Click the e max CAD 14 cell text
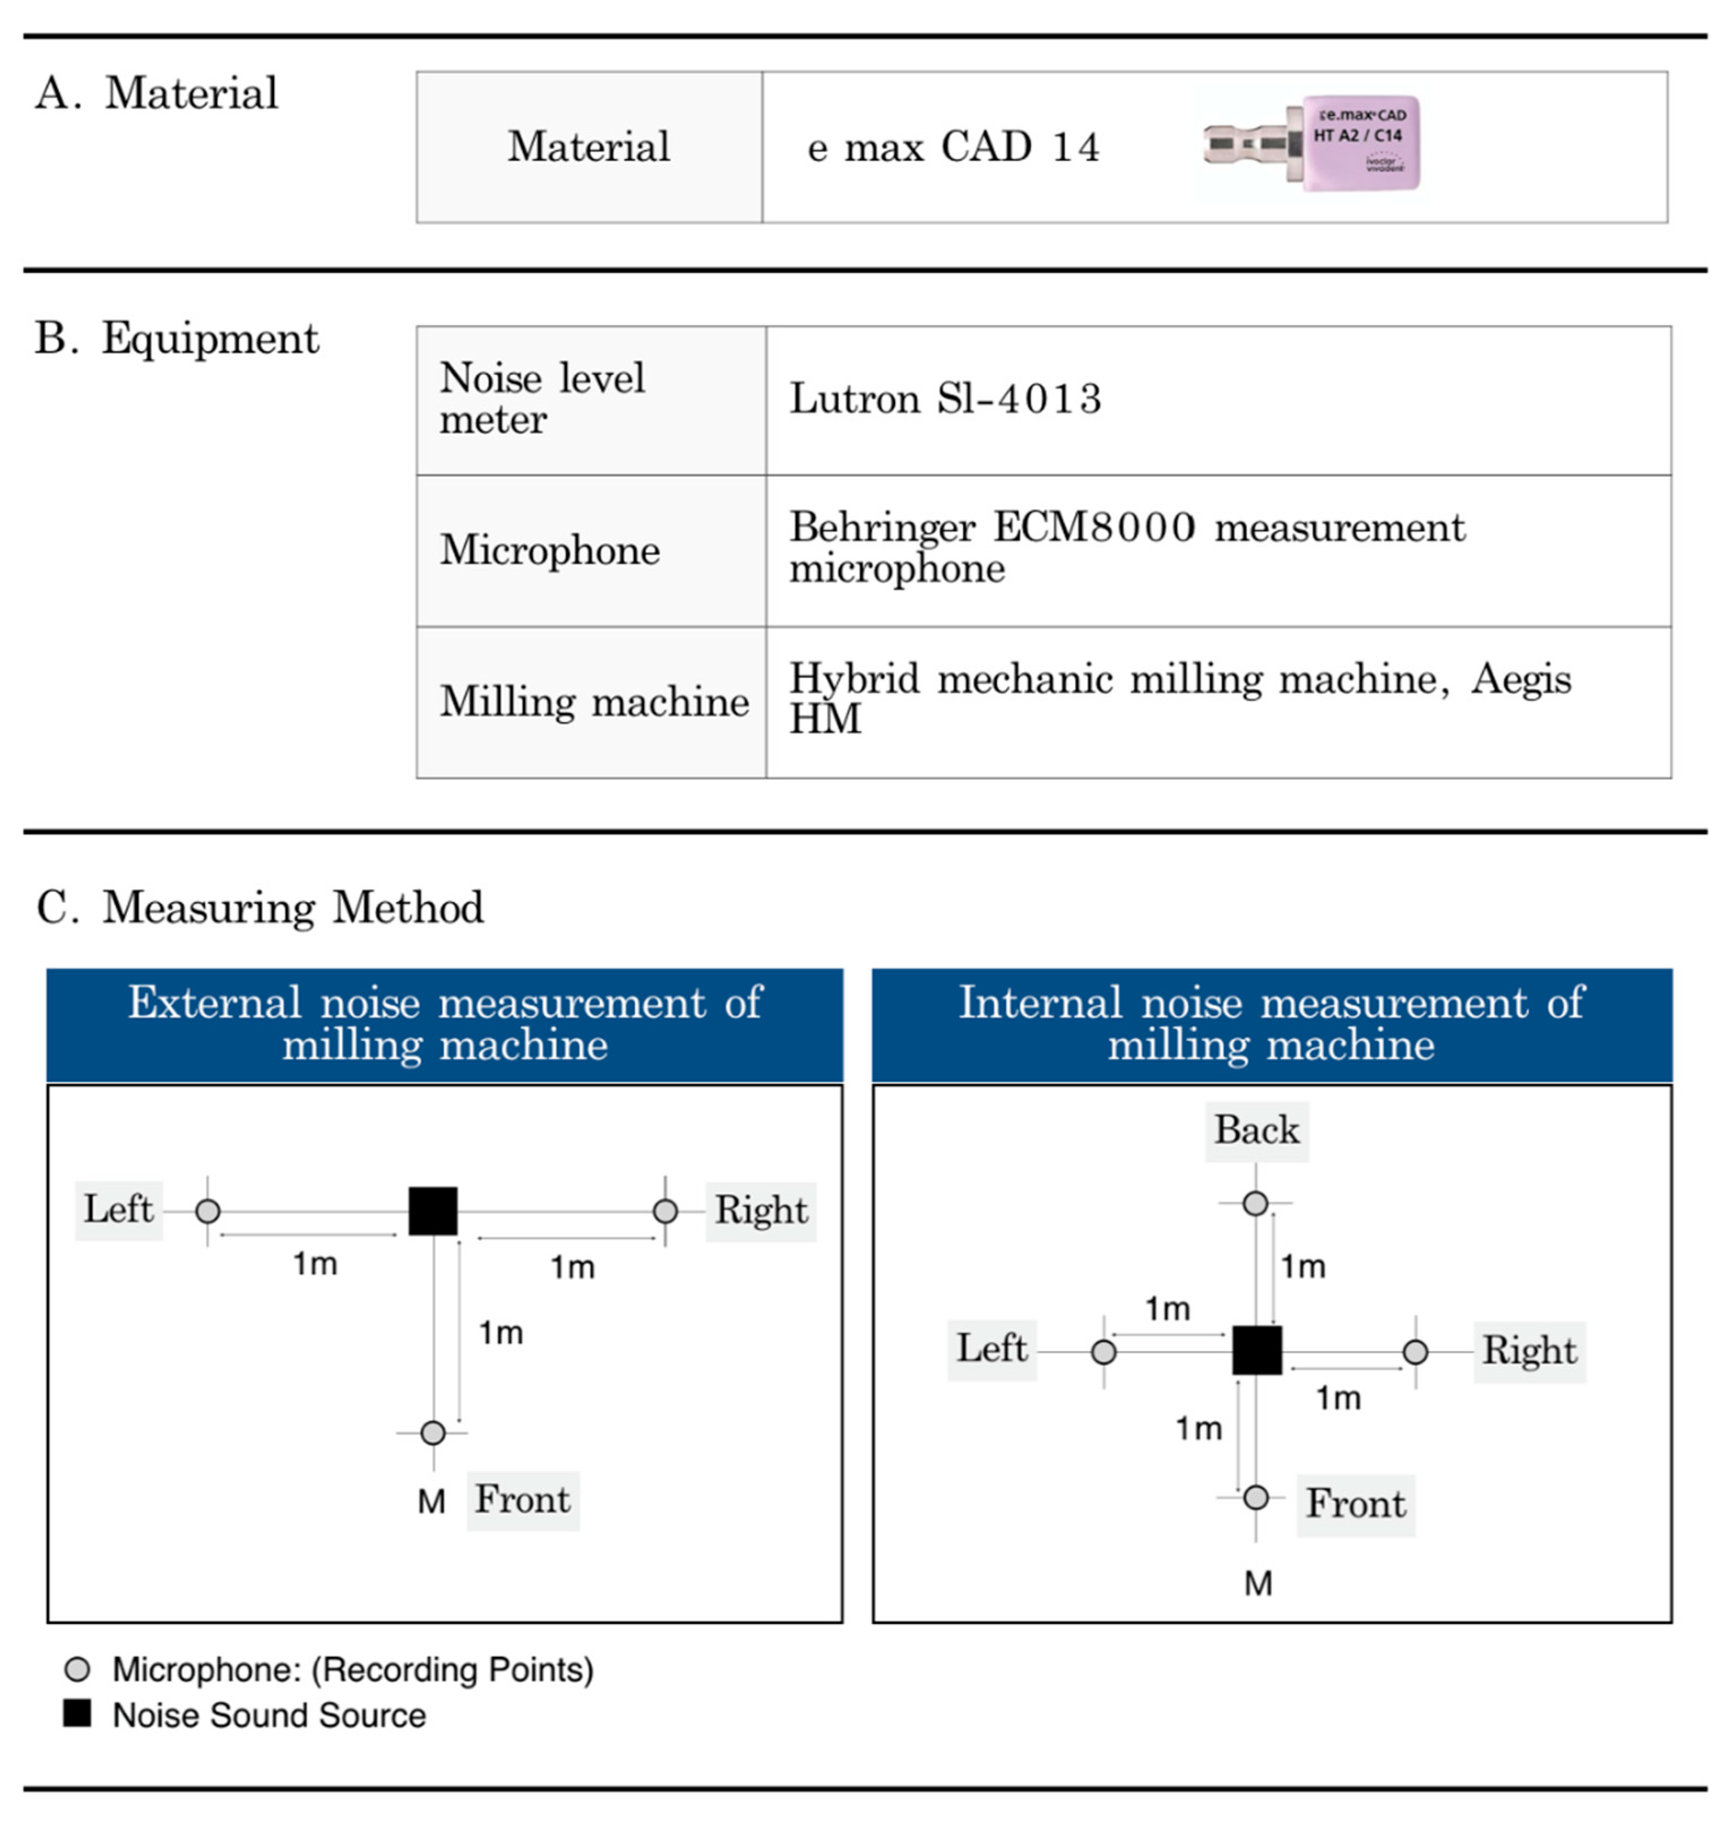tap(953, 147)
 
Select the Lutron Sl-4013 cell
tap(945, 399)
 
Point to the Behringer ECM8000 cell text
tap(1126, 547)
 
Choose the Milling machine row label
tap(594, 701)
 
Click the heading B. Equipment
tap(176, 338)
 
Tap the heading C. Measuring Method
tap(260, 907)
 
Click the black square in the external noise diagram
tap(433, 1211)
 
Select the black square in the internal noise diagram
tap(1256, 1350)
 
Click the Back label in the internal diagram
tap(1256, 1130)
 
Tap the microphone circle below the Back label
tap(1255, 1203)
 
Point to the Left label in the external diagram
tap(118, 1209)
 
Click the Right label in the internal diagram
tap(1529, 1350)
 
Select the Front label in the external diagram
tap(523, 1499)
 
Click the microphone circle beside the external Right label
tap(665, 1211)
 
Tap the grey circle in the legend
tap(77, 1669)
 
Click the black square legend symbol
tap(77, 1714)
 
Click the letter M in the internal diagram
tap(1257, 1584)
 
